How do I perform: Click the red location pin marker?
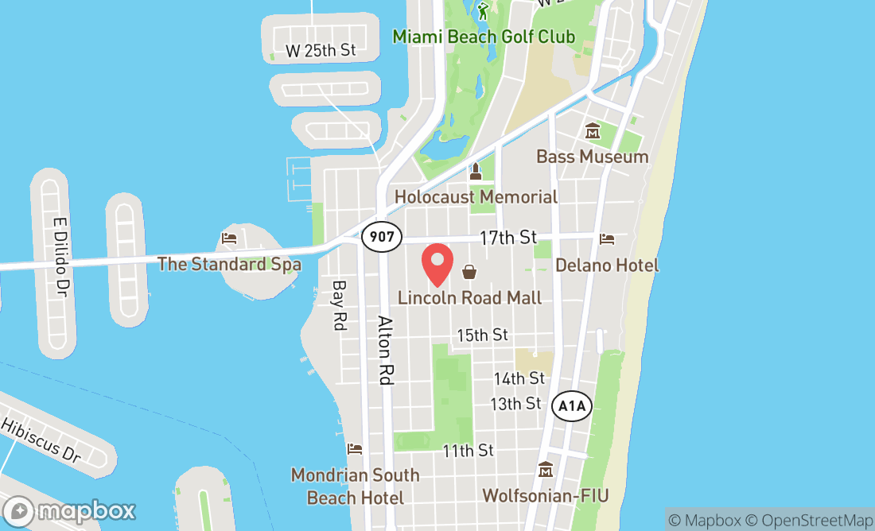point(437,265)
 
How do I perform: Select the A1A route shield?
point(572,407)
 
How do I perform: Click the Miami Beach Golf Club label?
point(484,37)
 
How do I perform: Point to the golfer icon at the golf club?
point(484,10)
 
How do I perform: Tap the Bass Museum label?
point(593,157)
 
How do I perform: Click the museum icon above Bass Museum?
point(593,131)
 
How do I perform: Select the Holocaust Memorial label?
point(476,196)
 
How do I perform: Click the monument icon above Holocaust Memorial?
point(476,172)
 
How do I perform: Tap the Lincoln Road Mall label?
point(470,297)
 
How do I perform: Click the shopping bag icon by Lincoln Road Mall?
point(469,273)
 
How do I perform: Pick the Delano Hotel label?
point(608,265)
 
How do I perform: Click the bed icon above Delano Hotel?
point(607,238)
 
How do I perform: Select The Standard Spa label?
point(229,263)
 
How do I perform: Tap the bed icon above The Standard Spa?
point(229,238)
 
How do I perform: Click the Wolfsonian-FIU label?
point(546,496)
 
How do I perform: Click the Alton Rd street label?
point(386,351)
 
